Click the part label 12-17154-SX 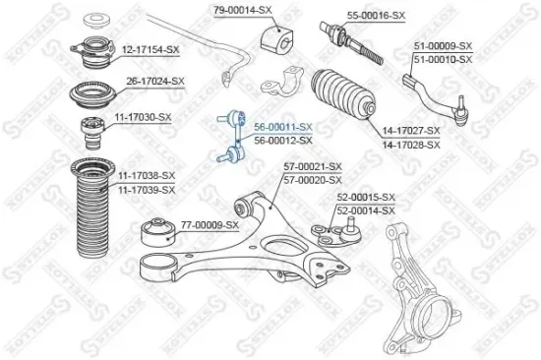(150, 47)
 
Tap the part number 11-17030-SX (145, 116)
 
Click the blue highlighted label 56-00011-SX (283, 127)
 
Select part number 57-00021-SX (313, 167)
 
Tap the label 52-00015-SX (365, 197)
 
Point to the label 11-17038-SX (147, 174)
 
